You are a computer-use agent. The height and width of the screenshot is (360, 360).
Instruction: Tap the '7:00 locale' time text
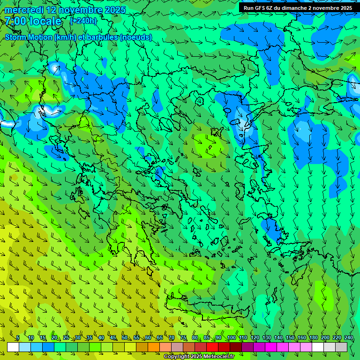[x=33, y=21]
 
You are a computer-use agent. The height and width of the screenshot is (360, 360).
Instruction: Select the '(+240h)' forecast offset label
[x=83, y=21]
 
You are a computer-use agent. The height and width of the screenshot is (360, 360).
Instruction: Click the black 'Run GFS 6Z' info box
[x=298, y=8]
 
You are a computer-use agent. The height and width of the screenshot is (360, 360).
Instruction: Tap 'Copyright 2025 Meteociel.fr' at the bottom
[x=199, y=356]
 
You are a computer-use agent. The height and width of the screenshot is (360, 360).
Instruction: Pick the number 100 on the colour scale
[x=231, y=337]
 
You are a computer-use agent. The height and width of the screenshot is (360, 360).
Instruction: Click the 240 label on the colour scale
[x=349, y=337]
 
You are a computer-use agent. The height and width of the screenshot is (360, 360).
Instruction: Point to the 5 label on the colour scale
[x=18, y=337]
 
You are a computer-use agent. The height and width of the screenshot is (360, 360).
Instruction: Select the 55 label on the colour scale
[x=136, y=337]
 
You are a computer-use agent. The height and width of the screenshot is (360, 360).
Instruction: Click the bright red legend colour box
[x=212, y=347]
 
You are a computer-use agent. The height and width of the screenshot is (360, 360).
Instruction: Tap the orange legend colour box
[x=154, y=347]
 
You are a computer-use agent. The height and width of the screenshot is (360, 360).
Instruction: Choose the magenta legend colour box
[x=271, y=347]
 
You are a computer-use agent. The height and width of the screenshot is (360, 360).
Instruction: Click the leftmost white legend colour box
[x=13, y=347]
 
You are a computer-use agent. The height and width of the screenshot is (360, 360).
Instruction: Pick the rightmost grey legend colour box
[x=341, y=347]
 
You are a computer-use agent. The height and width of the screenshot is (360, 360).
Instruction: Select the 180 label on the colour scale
[x=313, y=337]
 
